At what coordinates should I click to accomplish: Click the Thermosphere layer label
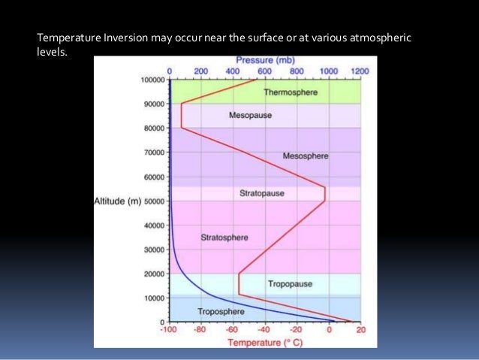(x=291, y=92)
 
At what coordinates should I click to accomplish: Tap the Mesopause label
(x=250, y=116)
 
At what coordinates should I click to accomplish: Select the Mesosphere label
(x=306, y=156)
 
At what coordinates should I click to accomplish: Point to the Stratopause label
(x=262, y=193)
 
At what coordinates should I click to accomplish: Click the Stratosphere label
(x=224, y=237)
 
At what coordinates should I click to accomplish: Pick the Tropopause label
(x=290, y=284)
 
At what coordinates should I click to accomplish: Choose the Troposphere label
(x=221, y=311)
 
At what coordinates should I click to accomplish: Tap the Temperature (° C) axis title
(x=264, y=343)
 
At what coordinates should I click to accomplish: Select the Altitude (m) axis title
(x=119, y=201)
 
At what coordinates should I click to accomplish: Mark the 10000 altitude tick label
(x=154, y=298)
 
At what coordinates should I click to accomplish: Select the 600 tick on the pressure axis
(x=265, y=71)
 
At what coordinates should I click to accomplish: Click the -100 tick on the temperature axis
(x=169, y=330)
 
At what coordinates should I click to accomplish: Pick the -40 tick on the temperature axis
(x=264, y=330)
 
